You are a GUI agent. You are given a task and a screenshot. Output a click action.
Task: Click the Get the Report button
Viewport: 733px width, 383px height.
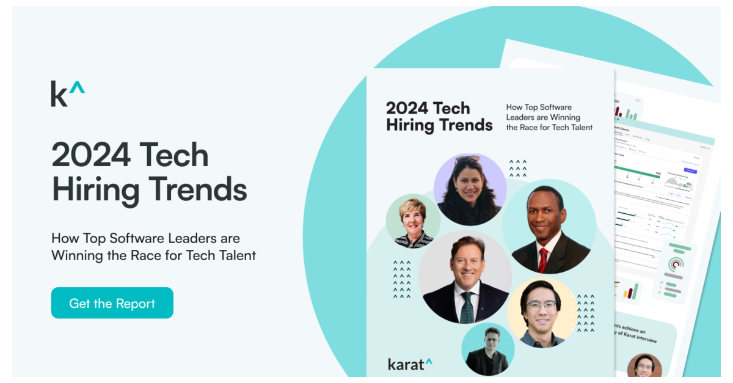point(112,303)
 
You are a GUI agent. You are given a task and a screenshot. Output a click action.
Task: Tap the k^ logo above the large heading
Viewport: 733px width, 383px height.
point(67,93)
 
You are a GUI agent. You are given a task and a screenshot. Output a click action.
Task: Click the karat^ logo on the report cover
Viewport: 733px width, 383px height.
point(410,364)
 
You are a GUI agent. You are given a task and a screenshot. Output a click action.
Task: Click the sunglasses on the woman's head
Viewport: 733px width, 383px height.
point(467,159)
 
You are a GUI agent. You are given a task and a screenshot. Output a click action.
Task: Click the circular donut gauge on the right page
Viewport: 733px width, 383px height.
point(676,264)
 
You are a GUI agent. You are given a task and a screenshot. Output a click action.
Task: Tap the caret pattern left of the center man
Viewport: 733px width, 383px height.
point(401,279)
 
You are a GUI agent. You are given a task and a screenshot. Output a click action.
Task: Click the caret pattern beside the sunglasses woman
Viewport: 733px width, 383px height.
point(517,169)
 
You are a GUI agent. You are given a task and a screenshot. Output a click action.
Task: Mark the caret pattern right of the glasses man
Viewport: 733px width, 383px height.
point(585,313)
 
